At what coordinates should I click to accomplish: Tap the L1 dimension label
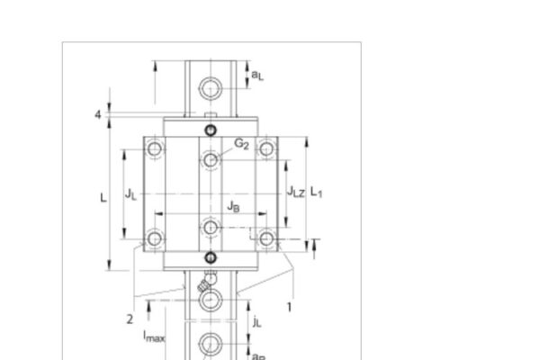pos(317,193)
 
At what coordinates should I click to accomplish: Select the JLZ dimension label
pos(295,192)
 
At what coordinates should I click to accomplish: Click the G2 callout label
pos(241,144)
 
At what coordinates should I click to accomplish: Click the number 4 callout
pos(97,114)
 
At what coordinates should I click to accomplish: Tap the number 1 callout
pos(289,306)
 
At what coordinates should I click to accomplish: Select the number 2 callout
pos(130,318)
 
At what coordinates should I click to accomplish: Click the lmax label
pos(155,337)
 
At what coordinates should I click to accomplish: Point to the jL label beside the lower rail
pos(257,320)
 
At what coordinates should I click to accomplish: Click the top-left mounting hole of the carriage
pos(156,148)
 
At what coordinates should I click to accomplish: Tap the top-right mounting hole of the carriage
pos(265,148)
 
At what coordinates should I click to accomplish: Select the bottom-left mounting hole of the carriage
pos(156,238)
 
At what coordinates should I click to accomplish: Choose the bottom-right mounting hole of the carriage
pos(265,238)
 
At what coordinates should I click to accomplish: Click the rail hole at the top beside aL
pos(211,87)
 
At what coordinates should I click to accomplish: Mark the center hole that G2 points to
pos(211,160)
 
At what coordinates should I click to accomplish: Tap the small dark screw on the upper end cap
pos(211,131)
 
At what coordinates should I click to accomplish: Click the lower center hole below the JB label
pos(211,227)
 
